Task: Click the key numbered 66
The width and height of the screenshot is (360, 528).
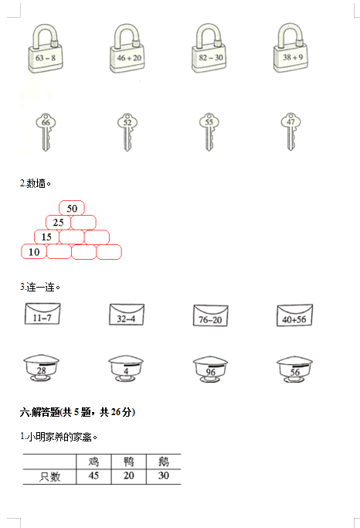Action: pyautogui.click(x=46, y=132)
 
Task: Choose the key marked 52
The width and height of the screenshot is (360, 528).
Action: pyautogui.click(x=127, y=132)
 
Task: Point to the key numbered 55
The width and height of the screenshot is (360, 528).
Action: pyautogui.click(x=209, y=132)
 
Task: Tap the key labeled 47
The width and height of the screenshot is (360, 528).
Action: pyautogui.click(x=290, y=132)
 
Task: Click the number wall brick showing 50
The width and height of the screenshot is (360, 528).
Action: pyautogui.click(x=72, y=208)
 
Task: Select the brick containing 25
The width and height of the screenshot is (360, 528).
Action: pyautogui.click(x=58, y=223)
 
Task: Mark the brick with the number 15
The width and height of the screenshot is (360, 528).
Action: pyautogui.click(x=46, y=237)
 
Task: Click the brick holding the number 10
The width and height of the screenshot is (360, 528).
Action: pyautogui.click(x=34, y=252)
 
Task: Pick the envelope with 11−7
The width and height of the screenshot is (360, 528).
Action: pyautogui.click(x=42, y=314)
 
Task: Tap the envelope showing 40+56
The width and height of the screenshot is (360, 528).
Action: pyautogui.click(x=295, y=315)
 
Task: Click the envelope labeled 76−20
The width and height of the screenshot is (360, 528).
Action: pyautogui.click(x=211, y=315)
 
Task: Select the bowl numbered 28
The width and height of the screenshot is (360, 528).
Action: pyautogui.click(x=42, y=368)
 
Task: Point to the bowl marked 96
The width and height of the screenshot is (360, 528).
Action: pyautogui.click(x=210, y=370)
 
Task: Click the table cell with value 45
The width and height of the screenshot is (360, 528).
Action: pyautogui.click(x=93, y=476)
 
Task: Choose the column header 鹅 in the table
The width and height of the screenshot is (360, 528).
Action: pyautogui.click(x=164, y=462)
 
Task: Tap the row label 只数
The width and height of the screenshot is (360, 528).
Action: pyautogui.click(x=49, y=476)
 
